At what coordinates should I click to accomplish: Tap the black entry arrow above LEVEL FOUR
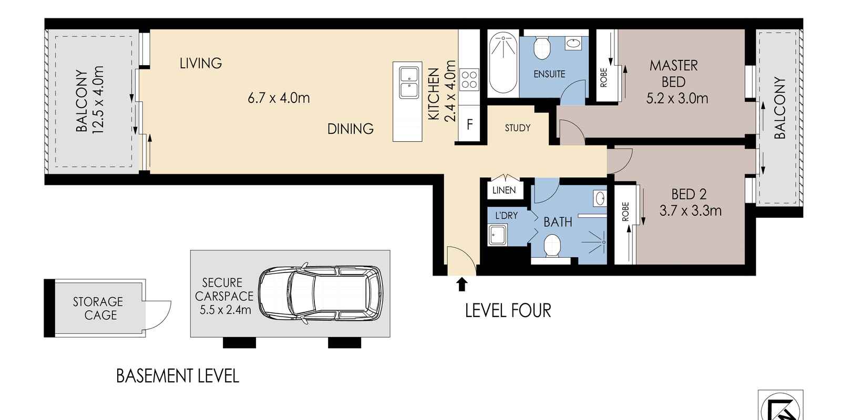click(462, 284)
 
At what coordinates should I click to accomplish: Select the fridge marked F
click(469, 124)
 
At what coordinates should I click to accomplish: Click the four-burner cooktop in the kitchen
click(469, 80)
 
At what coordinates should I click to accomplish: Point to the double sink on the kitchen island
click(408, 83)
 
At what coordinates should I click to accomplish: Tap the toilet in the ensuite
click(542, 48)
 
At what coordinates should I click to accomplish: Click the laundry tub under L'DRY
click(497, 235)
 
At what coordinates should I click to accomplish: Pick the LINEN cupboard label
click(504, 191)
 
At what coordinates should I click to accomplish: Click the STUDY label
click(517, 128)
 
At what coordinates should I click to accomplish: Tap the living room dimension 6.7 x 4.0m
click(279, 98)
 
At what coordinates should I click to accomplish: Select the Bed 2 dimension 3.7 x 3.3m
click(690, 211)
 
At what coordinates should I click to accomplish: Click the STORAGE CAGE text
click(98, 308)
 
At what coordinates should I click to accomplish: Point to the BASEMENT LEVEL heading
click(177, 376)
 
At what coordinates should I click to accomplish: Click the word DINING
click(350, 129)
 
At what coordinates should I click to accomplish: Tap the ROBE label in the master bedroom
click(604, 78)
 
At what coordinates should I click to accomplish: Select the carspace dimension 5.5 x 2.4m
click(225, 310)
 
